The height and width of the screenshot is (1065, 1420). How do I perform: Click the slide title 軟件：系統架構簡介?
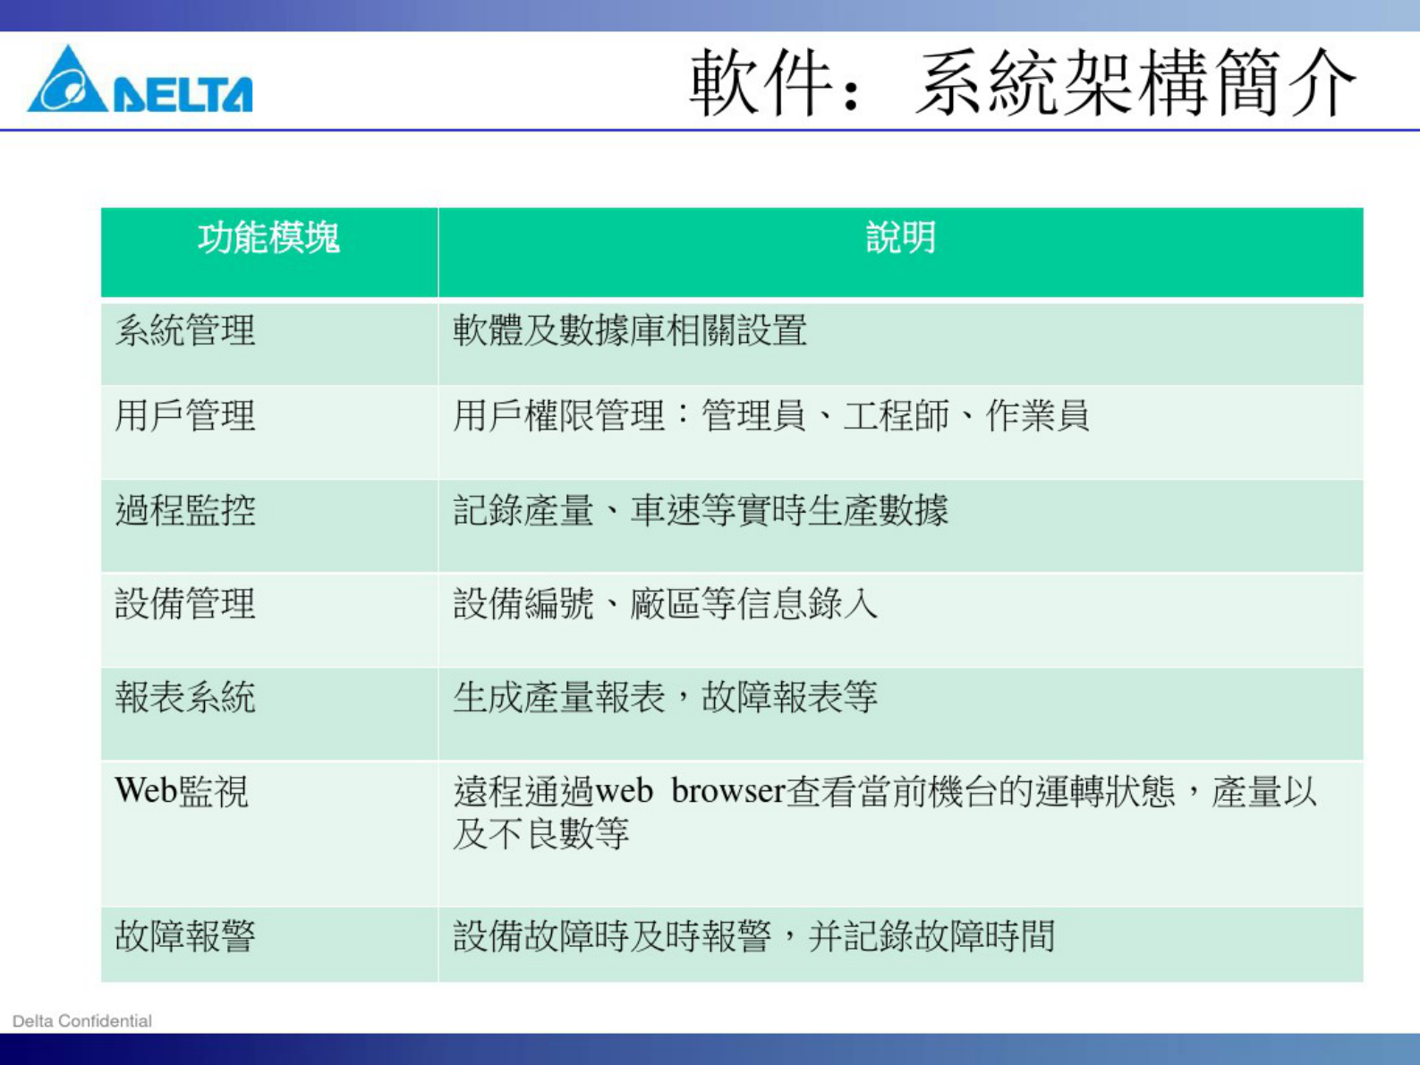[x=1024, y=82]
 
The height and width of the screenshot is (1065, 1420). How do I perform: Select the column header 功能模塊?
[x=268, y=238]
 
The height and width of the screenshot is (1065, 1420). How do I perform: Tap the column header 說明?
[x=900, y=238]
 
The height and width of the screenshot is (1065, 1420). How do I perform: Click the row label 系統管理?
[x=185, y=331]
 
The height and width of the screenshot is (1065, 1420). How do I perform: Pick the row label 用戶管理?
[x=185, y=416]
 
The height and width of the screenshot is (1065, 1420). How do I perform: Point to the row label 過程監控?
[x=185, y=511]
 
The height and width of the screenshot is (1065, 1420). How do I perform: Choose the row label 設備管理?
[x=185, y=604]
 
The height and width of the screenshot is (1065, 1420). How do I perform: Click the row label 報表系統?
[x=185, y=697]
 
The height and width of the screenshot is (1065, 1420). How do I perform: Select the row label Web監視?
[x=182, y=792]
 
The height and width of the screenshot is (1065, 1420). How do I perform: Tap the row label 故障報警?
[x=185, y=936]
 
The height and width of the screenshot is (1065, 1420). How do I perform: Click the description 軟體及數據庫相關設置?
[x=630, y=331]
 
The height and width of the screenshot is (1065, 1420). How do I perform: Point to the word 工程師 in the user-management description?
[x=896, y=416]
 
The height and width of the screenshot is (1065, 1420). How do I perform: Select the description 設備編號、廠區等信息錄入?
[x=665, y=604]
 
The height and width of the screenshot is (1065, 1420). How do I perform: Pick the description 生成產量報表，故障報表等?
[x=665, y=697]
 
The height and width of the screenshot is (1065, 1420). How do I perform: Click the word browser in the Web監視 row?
[x=727, y=792]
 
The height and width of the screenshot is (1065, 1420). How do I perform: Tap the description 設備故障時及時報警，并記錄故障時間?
[x=754, y=936]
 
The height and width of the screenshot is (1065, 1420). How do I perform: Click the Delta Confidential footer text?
[x=82, y=1021]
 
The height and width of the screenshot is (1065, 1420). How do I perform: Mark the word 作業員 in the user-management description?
[x=1037, y=416]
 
